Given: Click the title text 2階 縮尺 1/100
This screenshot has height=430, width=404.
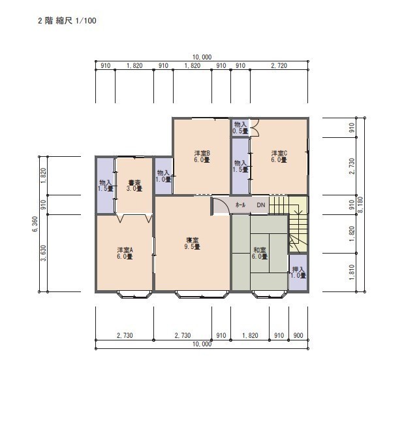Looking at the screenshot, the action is click(67, 21).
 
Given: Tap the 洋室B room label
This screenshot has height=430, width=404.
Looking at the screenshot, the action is click(202, 156).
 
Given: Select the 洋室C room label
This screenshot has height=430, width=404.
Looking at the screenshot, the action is click(279, 156).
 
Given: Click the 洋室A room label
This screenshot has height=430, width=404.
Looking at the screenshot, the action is click(125, 254).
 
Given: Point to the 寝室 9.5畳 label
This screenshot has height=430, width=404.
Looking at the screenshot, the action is click(192, 244).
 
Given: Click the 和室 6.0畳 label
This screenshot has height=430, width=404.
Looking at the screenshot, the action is click(259, 254).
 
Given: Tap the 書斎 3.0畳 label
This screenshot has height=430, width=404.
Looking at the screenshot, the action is click(134, 186).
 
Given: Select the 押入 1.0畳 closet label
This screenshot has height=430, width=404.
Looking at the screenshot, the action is click(298, 273).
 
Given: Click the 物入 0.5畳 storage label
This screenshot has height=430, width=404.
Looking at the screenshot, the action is click(240, 128).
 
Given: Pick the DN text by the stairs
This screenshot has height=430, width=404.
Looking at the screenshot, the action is click(261, 205).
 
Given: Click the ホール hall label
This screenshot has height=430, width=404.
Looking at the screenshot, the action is click(240, 205).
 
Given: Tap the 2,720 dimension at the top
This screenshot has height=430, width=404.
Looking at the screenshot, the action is click(279, 65).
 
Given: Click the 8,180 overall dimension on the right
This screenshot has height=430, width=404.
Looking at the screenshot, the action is click(360, 205).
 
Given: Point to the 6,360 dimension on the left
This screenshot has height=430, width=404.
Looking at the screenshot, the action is click(35, 224).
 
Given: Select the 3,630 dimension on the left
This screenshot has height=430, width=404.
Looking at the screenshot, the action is click(44, 253).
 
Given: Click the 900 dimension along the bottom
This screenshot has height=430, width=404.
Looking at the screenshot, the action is click(298, 335).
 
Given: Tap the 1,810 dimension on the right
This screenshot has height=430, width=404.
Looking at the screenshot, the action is click(352, 272).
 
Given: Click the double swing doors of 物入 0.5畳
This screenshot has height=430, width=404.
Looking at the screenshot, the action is click(255, 127).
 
